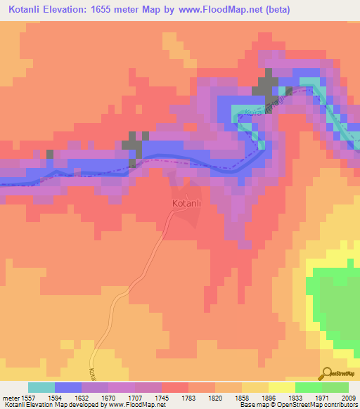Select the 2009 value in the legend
click(x=348, y=396)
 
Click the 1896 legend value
click(x=269, y=396)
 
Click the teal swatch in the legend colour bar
click(x=41, y=387)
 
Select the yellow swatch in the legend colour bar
click(x=281, y=387)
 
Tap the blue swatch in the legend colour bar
click(x=67, y=387)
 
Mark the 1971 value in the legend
click(x=323, y=396)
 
